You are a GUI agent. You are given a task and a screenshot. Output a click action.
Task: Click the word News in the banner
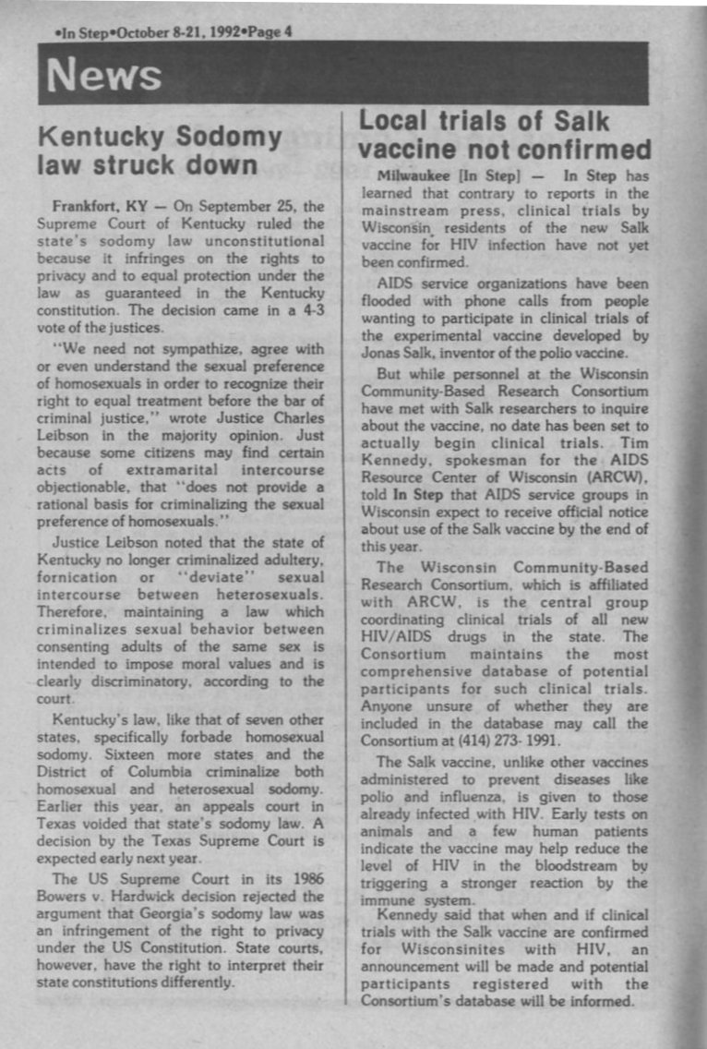(x=103, y=75)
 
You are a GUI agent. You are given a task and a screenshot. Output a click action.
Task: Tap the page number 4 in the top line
(x=288, y=30)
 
